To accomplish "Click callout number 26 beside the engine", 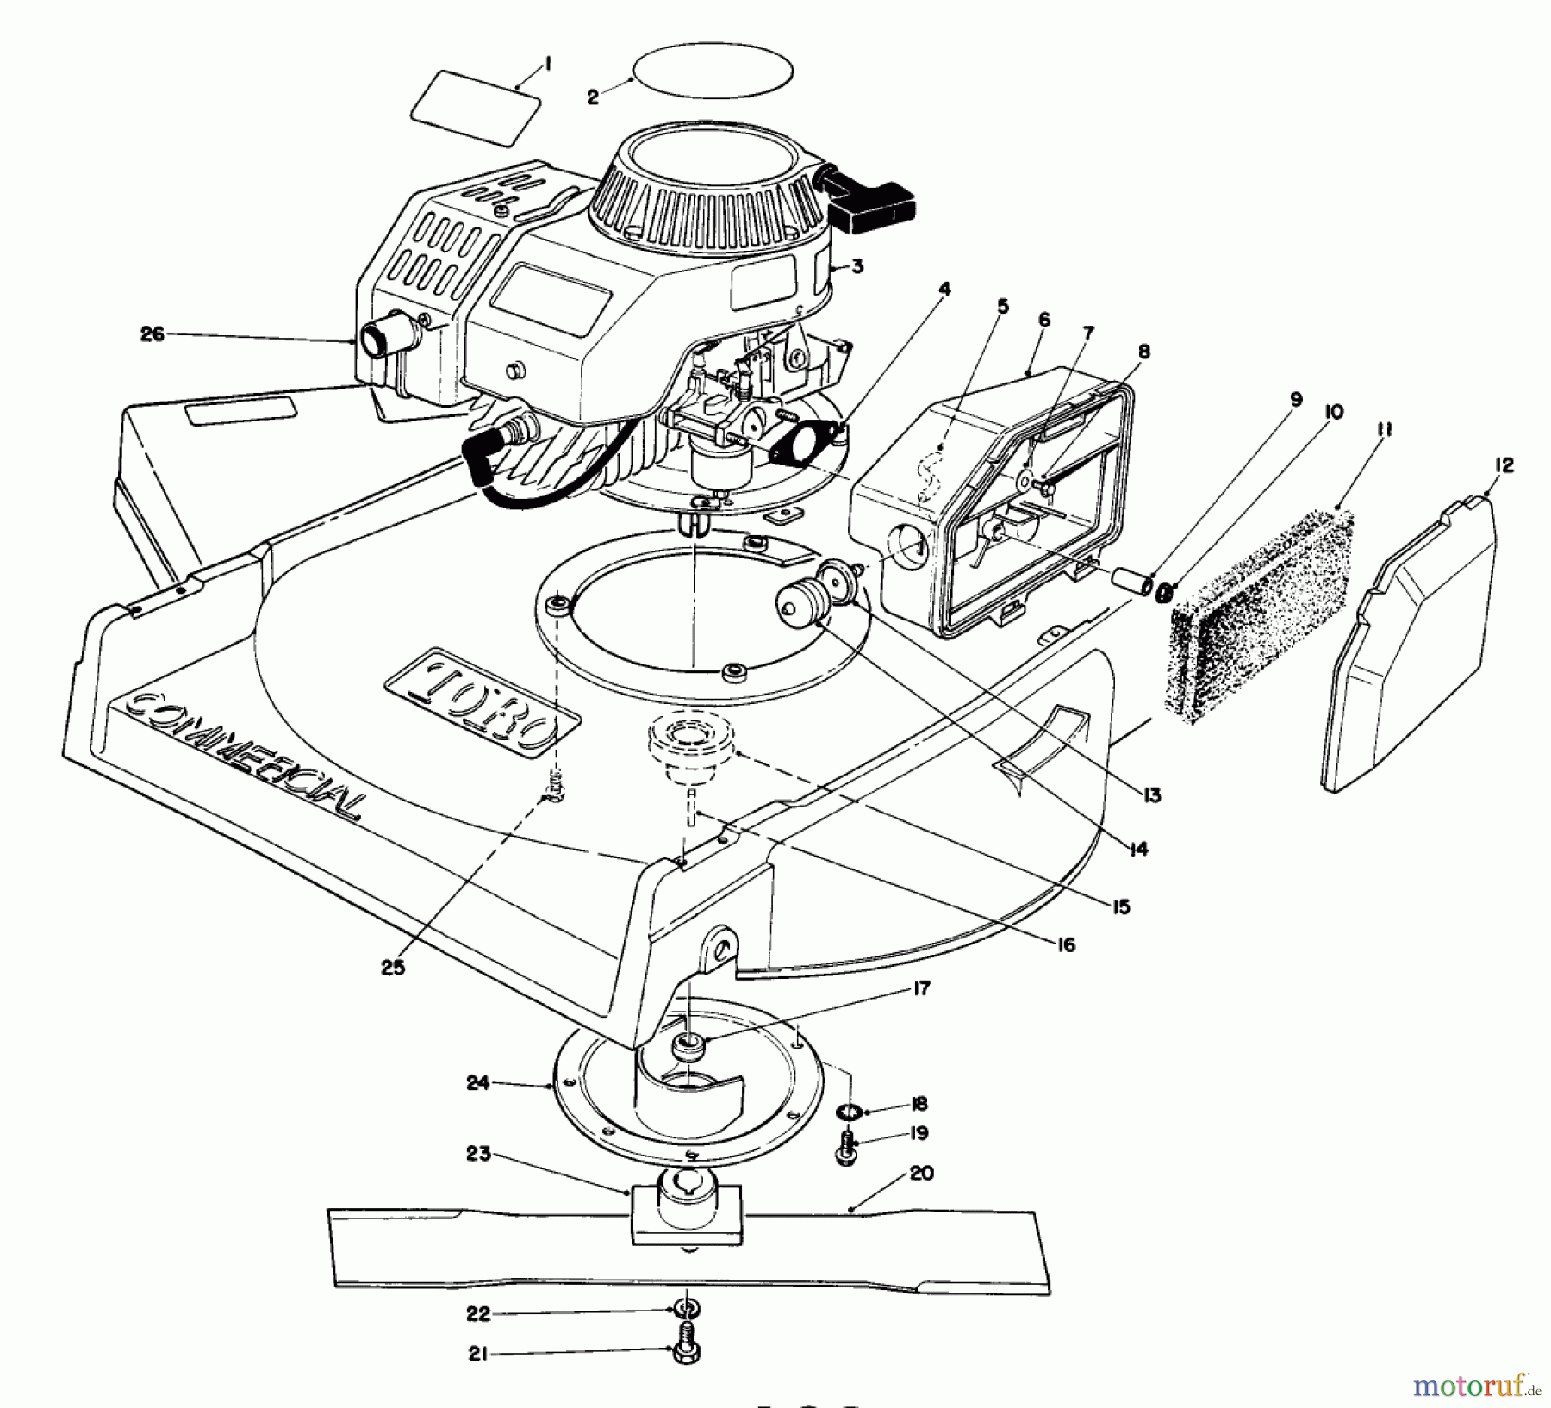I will tap(153, 333).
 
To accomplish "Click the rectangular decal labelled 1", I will tap(476, 109).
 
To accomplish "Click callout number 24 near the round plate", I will tap(477, 1083).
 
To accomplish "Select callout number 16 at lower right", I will tap(1066, 945).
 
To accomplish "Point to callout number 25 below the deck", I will tap(392, 968).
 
